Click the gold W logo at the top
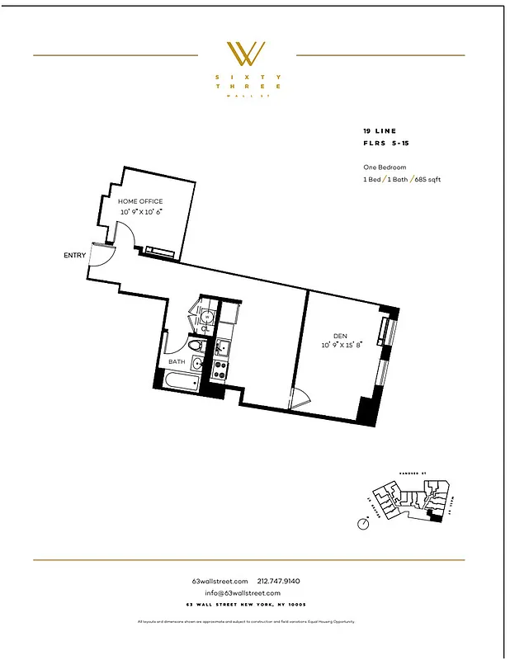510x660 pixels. click(247, 54)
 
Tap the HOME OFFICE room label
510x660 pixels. click(140, 201)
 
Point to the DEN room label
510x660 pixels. click(339, 336)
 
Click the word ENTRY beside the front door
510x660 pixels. click(74, 255)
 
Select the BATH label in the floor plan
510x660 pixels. click(177, 361)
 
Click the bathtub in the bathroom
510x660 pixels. click(180, 382)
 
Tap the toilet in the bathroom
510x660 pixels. click(196, 346)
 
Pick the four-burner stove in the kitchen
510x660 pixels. click(221, 369)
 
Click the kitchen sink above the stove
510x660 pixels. click(221, 349)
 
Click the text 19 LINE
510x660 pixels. click(380, 131)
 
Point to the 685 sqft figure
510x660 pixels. click(426, 179)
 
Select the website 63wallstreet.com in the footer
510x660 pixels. click(220, 581)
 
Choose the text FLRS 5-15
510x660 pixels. click(385, 142)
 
